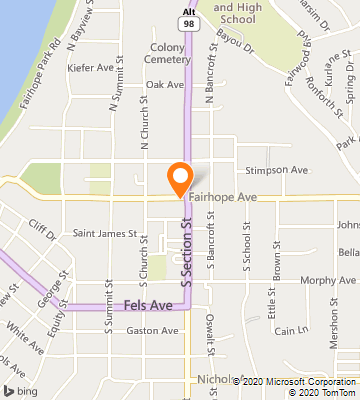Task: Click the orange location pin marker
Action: (x=180, y=178)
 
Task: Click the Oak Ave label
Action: (x=165, y=85)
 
